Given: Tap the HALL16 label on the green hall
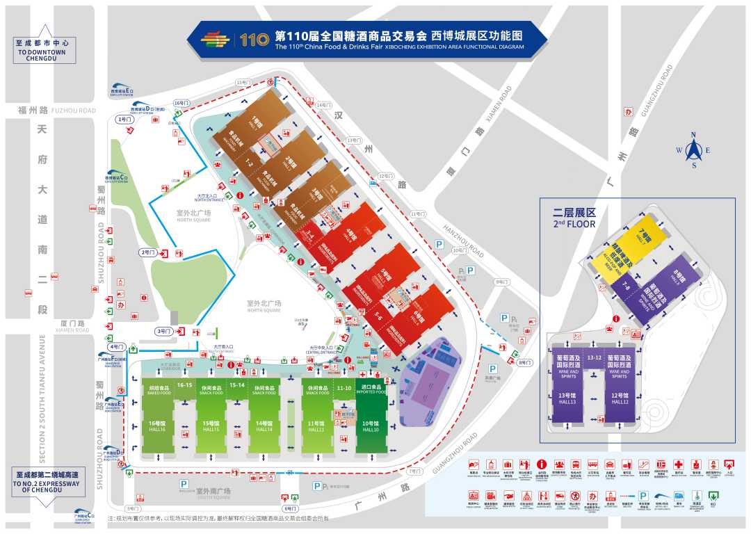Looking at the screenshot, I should click(154, 426).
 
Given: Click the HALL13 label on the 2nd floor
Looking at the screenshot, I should click(568, 401).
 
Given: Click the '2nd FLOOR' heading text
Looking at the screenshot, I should click(574, 224).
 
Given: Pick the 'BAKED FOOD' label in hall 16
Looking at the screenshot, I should click(154, 392).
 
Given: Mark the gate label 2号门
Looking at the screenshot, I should click(147, 252).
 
